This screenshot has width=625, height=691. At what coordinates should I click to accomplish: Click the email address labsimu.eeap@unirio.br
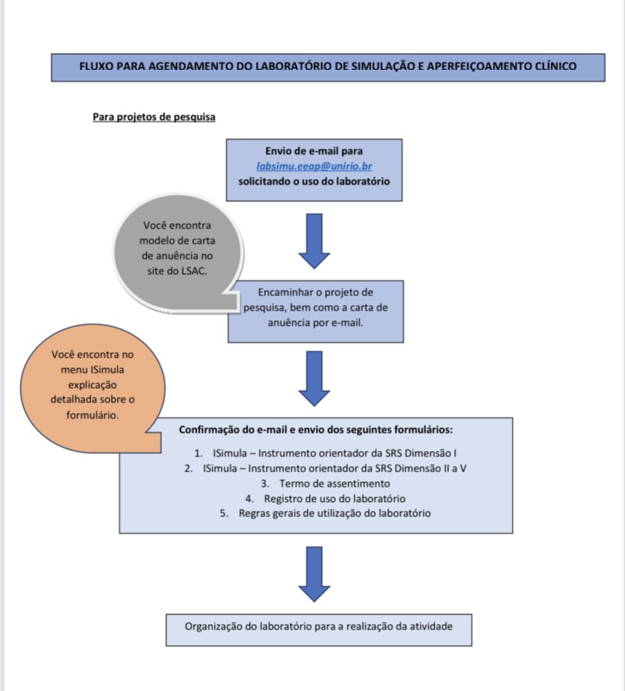[x=314, y=166]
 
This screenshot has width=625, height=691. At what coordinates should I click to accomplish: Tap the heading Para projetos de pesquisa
[x=154, y=117]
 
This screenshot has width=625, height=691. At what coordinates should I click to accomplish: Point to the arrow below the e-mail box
[x=314, y=241]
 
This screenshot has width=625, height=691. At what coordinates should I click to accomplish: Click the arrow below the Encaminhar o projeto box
[x=314, y=378]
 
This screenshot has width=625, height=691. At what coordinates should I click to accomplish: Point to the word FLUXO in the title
[x=96, y=67]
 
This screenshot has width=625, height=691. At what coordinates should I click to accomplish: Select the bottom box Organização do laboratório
[x=319, y=627]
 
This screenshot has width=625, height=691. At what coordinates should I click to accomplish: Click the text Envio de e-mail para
[x=314, y=151]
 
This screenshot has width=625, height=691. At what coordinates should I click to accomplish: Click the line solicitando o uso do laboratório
[x=314, y=181]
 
